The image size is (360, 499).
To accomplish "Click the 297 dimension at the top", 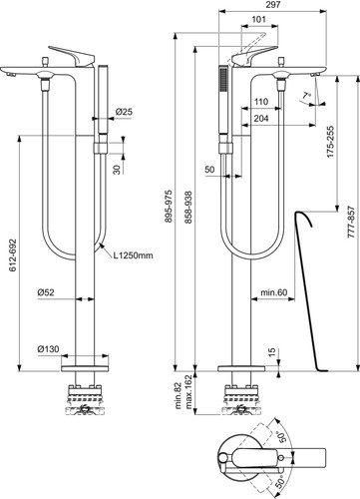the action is (273, 5).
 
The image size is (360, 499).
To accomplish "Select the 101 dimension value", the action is (258, 19).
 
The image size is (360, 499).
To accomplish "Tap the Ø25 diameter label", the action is (124, 112).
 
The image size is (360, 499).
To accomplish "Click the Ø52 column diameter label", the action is (46, 292).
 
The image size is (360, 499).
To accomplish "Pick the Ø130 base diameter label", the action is (48, 349).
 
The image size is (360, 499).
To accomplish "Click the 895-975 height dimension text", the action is (169, 207).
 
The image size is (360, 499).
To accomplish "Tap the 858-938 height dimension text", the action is (188, 207).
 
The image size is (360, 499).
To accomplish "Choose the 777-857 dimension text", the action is (351, 223).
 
